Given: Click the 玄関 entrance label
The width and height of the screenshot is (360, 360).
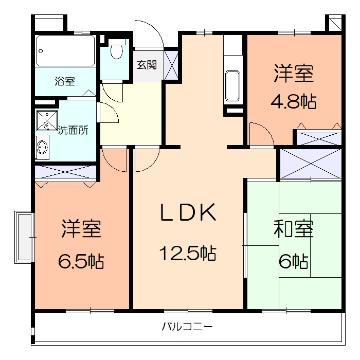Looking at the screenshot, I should point(147,65).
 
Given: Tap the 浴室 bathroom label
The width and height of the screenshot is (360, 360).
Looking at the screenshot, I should point(65,81).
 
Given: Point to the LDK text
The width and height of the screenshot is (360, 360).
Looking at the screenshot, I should point(187,213).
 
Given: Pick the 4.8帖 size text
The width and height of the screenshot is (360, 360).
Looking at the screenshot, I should point(294,101).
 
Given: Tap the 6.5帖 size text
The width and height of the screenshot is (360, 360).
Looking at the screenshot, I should point(81,261).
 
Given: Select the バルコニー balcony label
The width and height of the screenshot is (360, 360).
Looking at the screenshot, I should point(187,326).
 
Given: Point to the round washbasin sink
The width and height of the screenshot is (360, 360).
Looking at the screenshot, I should point(42,147).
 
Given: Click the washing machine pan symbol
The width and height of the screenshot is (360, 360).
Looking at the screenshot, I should point(46,120).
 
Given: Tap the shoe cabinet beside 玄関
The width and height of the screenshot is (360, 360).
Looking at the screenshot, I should point(171,64).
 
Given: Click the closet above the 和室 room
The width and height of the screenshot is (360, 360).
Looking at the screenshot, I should point(310,163).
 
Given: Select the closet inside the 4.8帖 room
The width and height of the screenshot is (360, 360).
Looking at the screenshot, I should point(319,137).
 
